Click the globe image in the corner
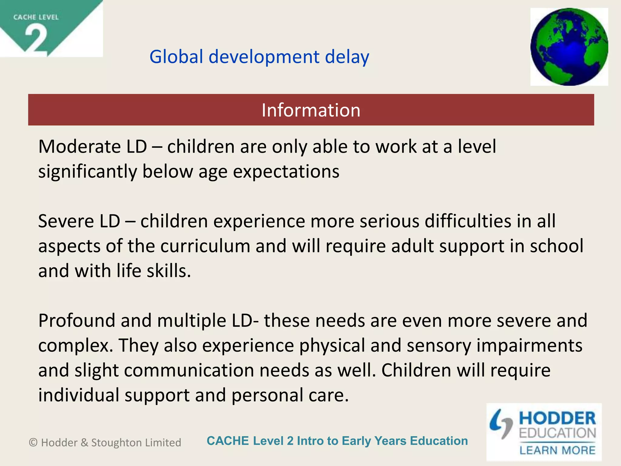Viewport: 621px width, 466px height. point(569,47)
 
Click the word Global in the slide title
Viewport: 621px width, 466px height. point(176,57)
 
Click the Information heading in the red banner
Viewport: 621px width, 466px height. point(311,110)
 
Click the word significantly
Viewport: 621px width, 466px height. point(88,171)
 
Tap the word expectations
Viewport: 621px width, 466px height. point(286,171)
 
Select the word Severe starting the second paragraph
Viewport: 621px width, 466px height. point(66,221)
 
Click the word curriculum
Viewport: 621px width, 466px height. point(205,246)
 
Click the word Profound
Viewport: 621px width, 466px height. point(77,320)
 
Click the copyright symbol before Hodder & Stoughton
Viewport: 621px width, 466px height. point(33,443)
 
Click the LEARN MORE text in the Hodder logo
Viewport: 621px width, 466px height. point(557,450)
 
